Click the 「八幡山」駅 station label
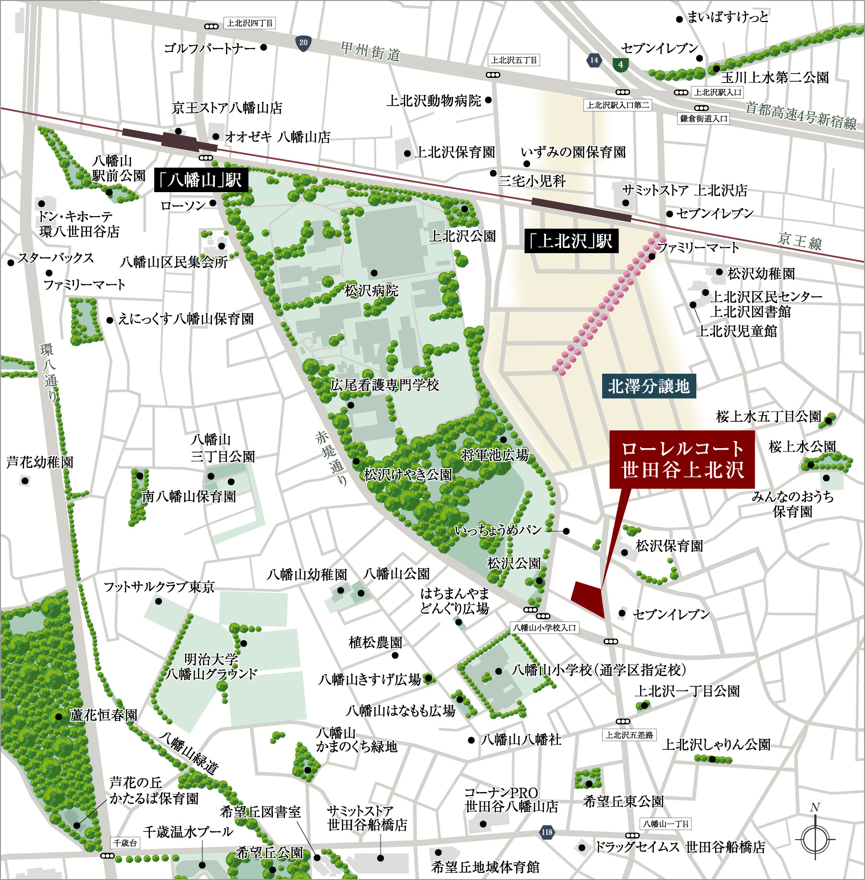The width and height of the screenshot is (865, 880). coord(201,180)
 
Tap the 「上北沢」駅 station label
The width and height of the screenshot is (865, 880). coord(571,241)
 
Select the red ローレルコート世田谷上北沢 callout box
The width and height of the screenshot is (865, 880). coord(682,460)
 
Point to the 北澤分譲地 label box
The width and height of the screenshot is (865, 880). coord(648,386)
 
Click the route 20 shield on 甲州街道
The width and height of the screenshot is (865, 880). coord(303,43)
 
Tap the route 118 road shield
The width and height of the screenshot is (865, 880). coord(547,832)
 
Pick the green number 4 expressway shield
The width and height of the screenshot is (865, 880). coord(620,64)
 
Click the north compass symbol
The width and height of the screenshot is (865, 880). coord(815,838)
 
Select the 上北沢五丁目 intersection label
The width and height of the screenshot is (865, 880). coord(514,60)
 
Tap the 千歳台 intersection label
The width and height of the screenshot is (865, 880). coord(125,843)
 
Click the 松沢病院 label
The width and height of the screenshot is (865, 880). coord(371,290)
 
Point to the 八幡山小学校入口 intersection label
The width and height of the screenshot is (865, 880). coord(544,628)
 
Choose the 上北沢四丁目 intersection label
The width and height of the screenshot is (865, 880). coord(249,23)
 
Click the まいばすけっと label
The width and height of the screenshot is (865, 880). coord(728,18)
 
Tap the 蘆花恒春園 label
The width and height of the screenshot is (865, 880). coord(103,715)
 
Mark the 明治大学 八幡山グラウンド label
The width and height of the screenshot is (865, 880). coord(211,666)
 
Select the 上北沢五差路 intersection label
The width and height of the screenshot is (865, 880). coord(629,735)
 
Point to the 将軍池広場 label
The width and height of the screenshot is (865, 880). coord(494,454)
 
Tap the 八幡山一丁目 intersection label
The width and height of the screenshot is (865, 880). coord(666,824)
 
